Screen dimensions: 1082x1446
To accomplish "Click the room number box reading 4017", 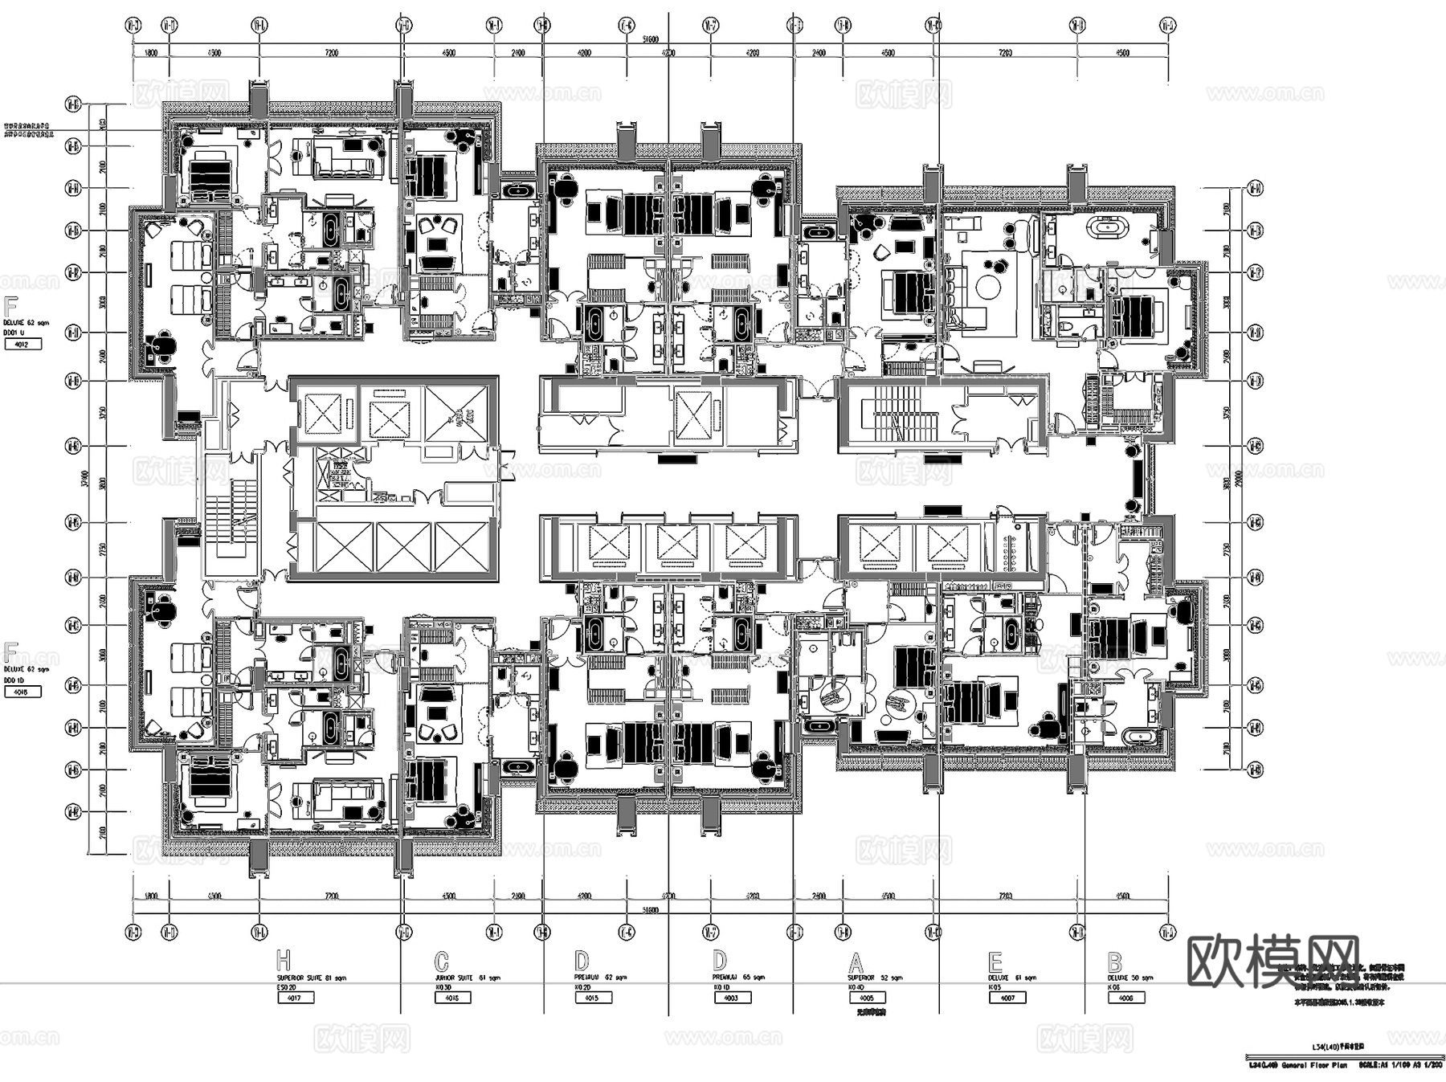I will [x=295, y=998].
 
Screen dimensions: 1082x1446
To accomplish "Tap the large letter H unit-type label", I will [x=284, y=961].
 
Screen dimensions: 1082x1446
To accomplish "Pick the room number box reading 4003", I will [x=731, y=998].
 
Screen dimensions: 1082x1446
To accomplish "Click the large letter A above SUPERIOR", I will [x=856, y=962].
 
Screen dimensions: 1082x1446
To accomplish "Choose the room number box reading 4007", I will [x=1007, y=998].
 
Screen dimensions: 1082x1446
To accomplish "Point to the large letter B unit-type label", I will [x=1114, y=962].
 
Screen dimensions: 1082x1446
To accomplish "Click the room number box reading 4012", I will [x=22, y=344].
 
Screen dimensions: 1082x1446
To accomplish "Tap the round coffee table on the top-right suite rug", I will [x=989, y=285].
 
